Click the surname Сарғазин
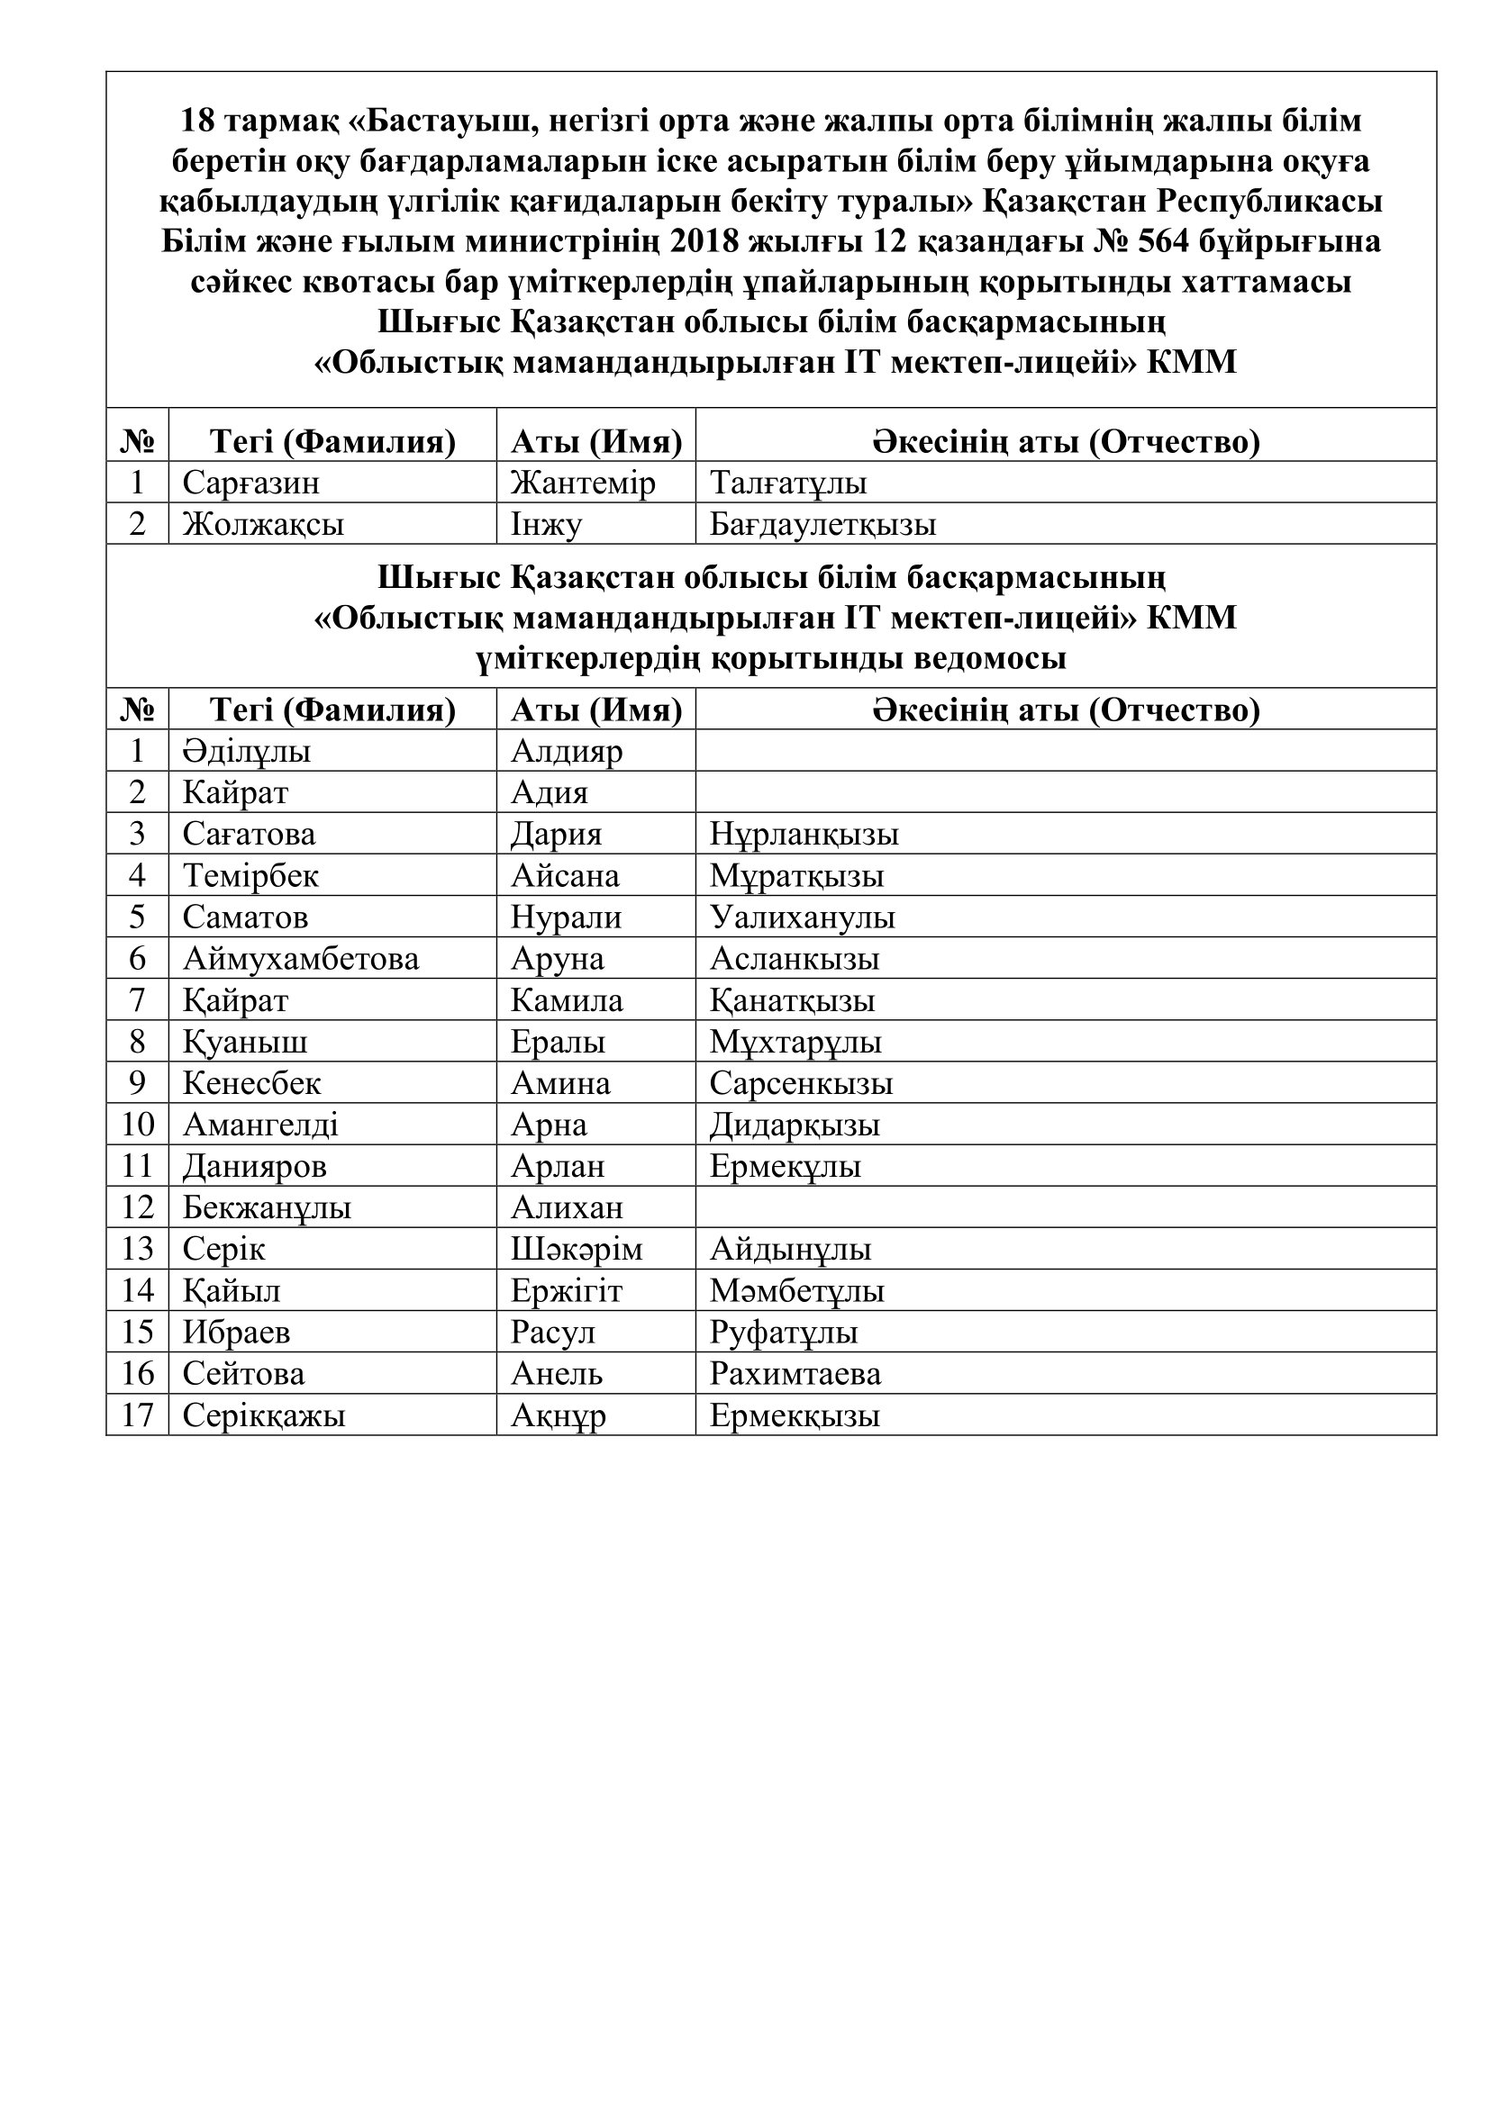(x=250, y=483)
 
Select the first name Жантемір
(x=583, y=483)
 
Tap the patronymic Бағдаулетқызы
(x=823, y=525)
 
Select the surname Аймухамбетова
(x=300, y=959)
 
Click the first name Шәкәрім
(x=577, y=1250)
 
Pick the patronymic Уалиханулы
(x=802, y=917)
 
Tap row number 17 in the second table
(x=137, y=1415)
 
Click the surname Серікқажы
(x=263, y=1415)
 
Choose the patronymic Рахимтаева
(x=795, y=1374)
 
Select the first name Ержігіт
(x=566, y=1291)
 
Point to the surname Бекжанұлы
(x=266, y=1208)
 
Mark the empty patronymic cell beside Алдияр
(x=1064, y=751)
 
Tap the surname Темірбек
(x=250, y=876)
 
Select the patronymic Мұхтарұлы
(x=795, y=1042)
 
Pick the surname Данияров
(x=254, y=1167)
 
